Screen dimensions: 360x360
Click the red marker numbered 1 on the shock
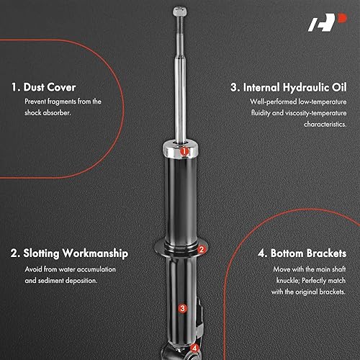[184, 152]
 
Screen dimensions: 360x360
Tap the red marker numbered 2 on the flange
[202, 250]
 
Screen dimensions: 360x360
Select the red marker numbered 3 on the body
[183, 308]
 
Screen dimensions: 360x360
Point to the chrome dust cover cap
[178, 150]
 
